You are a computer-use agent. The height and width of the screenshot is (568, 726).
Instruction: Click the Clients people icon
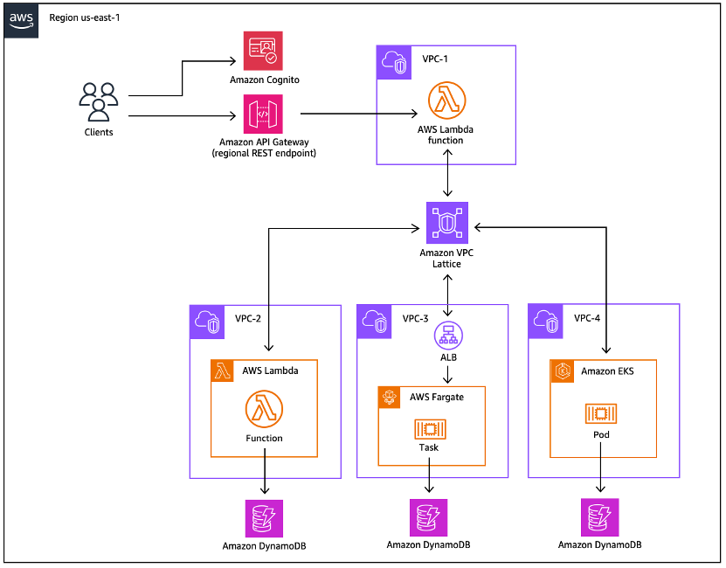tap(98, 101)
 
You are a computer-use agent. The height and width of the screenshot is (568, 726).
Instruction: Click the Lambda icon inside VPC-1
tap(446, 100)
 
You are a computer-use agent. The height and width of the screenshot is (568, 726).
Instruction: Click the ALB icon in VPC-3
tap(447, 334)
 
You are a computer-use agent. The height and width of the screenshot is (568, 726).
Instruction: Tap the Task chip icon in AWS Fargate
tap(428, 428)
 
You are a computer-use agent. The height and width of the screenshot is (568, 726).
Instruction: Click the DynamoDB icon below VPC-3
tap(428, 518)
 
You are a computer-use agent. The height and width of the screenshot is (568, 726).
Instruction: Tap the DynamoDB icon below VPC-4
tap(600, 517)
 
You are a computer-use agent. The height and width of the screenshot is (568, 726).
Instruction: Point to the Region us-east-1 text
tap(86, 17)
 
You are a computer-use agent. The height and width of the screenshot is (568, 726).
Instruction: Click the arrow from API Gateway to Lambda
tap(358, 114)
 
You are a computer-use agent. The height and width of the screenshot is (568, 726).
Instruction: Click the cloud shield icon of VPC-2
tap(206, 321)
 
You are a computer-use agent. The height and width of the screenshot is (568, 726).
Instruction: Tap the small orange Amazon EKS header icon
tap(564, 371)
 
